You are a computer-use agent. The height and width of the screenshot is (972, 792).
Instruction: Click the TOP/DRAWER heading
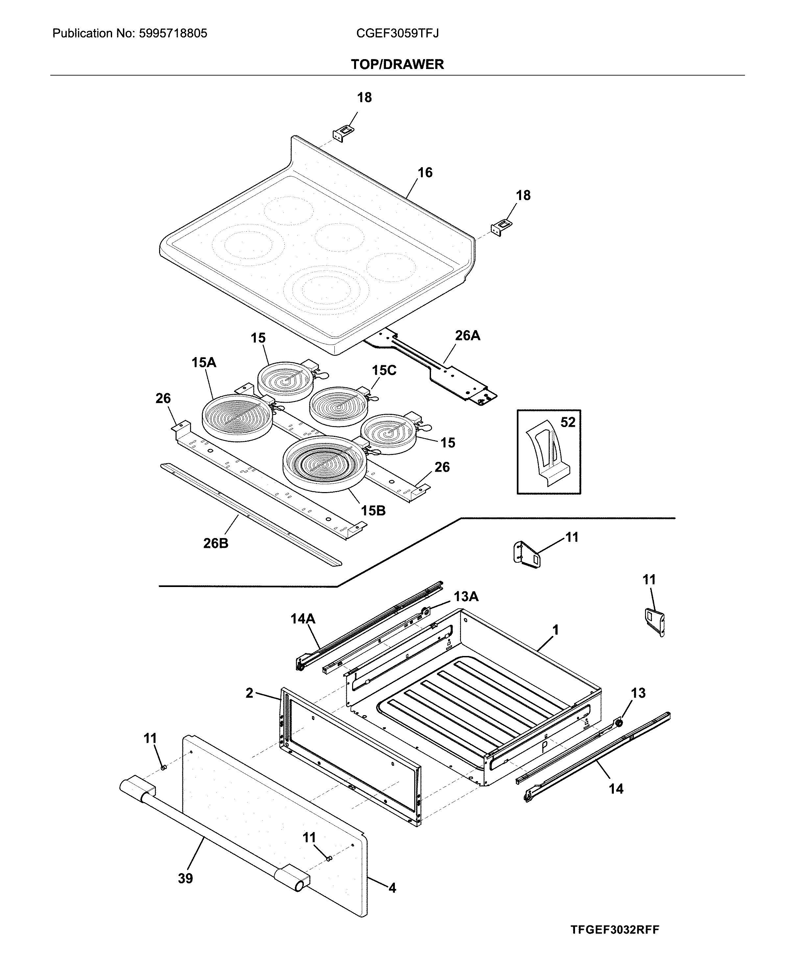pos(397,64)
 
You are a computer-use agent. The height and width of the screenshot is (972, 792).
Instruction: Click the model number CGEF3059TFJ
pos(397,33)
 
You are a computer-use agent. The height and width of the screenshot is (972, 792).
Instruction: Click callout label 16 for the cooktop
pos(425,172)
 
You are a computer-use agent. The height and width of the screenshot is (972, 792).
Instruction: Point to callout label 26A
pos(467,335)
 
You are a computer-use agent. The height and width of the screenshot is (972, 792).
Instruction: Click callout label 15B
pos(373,510)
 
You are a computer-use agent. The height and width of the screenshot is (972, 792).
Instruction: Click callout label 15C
pos(384,370)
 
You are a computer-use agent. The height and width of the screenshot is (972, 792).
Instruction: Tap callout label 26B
pos(216,543)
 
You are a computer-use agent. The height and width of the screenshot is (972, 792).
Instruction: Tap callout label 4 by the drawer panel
pos(392,888)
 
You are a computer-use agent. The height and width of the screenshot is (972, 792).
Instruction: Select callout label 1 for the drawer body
pos(555,630)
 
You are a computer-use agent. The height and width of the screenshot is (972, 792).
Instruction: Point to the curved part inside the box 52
pos(545,451)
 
